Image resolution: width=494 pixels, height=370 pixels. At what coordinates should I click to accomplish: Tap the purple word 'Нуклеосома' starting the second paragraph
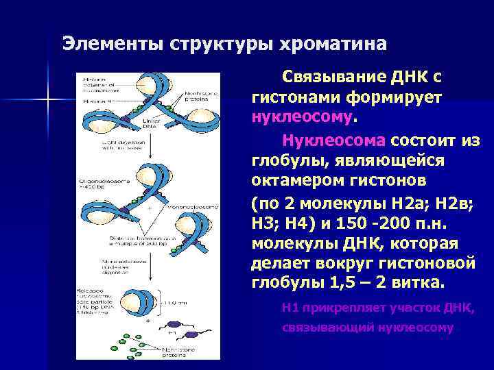(x=333, y=140)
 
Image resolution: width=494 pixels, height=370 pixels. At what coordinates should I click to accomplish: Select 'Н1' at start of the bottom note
(x=290, y=308)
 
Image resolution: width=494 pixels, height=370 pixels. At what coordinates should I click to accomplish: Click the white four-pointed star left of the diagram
(x=48, y=101)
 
